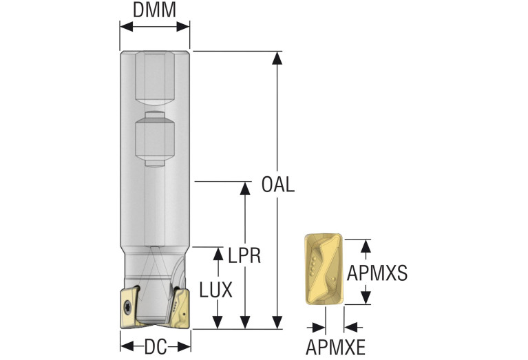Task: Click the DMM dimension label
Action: click(155, 10)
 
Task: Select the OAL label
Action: click(278, 184)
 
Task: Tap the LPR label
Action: click(244, 255)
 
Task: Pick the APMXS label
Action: click(377, 273)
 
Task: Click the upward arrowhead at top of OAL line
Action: click(277, 58)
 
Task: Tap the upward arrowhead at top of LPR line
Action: click(244, 188)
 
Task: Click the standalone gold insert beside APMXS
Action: click(324, 269)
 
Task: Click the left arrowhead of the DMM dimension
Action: click(126, 27)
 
